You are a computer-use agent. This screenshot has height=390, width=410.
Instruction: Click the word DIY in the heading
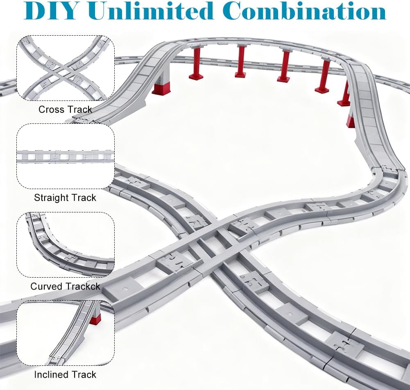[x=51, y=11]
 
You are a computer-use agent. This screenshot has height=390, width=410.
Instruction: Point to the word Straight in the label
[x=50, y=198]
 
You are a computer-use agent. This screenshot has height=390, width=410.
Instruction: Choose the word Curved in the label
[x=45, y=286]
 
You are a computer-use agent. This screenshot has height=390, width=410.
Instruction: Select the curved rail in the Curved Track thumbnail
[x=61, y=254]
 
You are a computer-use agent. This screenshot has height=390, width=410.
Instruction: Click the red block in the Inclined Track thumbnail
[x=95, y=320]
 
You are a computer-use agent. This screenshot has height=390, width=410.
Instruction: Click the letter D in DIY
[x=33, y=11]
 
